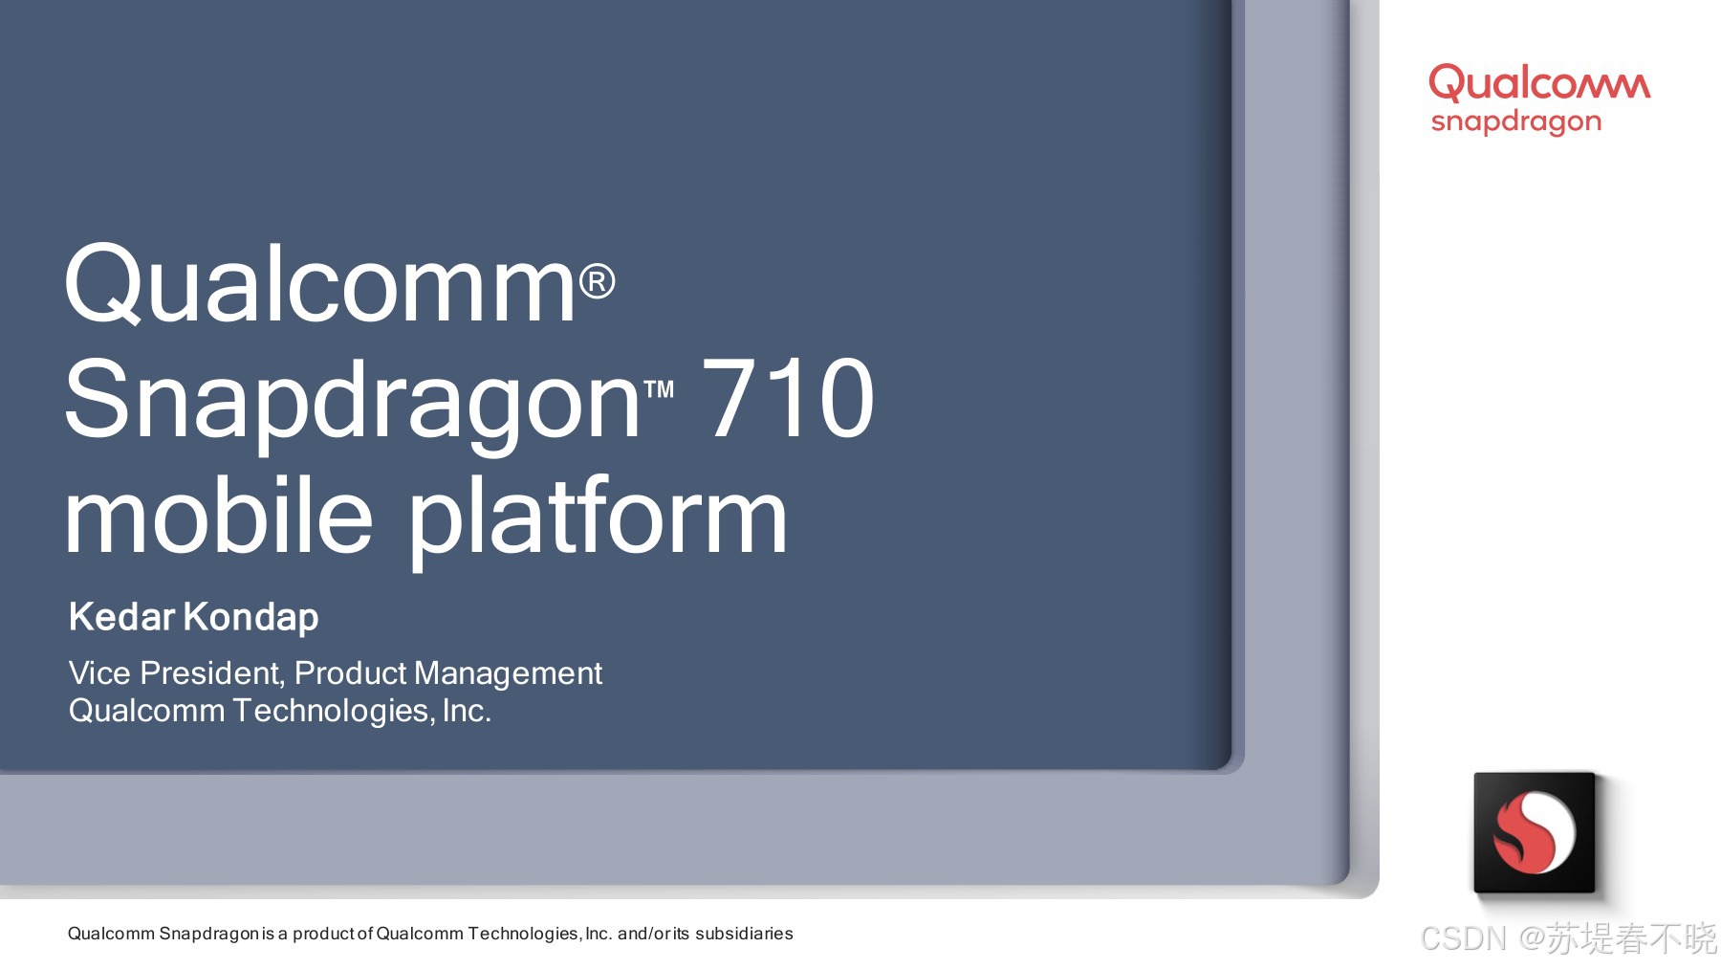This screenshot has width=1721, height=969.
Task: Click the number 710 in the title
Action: click(788, 398)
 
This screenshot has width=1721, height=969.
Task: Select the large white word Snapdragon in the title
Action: click(352, 403)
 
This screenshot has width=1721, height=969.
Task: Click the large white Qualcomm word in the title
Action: click(319, 284)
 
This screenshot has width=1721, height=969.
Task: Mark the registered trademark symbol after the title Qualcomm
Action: click(598, 281)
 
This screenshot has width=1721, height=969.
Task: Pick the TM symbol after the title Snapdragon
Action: click(659, 389)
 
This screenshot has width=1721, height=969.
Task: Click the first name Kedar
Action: click(121, 617)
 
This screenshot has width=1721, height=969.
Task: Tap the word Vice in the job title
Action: click(99, 673)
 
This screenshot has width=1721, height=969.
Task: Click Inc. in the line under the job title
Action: click(467, 711)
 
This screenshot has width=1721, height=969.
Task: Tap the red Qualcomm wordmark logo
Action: click(1539, 84)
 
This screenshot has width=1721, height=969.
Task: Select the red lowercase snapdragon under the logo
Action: click(1515, 122)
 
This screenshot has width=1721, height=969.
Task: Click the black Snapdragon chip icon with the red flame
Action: click(1535, 832)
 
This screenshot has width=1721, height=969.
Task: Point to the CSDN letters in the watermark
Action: click(1463, 938)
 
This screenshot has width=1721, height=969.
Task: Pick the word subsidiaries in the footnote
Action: click(744, 934)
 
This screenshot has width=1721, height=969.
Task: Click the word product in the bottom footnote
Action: click(324, 934)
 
